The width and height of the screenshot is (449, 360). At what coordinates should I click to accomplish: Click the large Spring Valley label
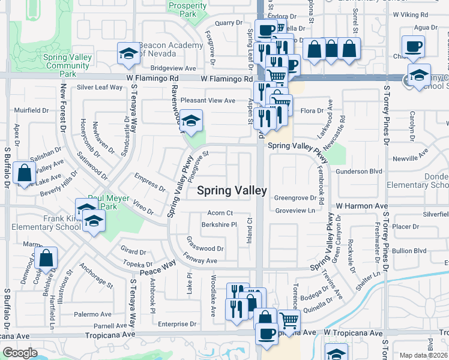[232, 190]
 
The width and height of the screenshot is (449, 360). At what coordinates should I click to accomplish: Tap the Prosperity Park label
[187, 10]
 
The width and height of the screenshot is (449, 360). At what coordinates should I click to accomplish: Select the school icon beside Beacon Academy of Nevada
[128, 55]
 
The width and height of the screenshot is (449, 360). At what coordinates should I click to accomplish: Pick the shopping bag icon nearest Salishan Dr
[23, 173]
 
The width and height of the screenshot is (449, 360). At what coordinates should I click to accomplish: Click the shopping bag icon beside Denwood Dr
[46, 259]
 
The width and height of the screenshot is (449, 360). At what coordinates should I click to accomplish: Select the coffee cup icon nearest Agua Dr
[412, 47]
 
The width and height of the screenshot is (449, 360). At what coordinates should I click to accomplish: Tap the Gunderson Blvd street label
[359, 172]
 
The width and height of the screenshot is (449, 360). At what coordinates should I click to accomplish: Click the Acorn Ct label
[220, 213]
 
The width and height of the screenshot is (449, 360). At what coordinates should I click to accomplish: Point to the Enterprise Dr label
[178, 324]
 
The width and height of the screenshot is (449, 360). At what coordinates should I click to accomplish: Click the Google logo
[20, 353]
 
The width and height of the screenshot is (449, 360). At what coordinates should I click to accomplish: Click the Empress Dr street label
[150, 182]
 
